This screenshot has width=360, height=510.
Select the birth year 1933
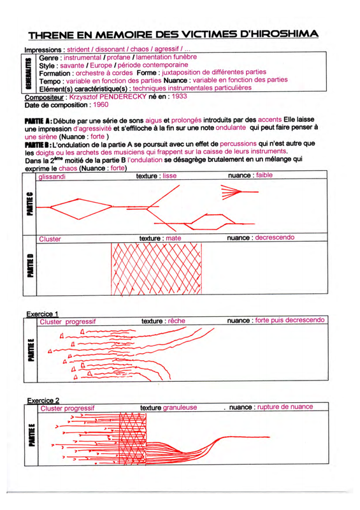(180, 96)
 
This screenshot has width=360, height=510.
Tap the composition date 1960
(101, 105)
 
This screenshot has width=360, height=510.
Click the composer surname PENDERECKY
(123, 97)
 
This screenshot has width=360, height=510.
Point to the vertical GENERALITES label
(29, 73)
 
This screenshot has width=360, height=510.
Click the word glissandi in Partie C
(52, 177)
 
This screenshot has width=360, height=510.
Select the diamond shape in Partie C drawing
(81, 209)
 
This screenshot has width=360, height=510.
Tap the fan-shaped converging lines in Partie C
(231, 192)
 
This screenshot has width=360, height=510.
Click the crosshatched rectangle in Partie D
(156, 268)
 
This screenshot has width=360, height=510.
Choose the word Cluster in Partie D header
(50, 239)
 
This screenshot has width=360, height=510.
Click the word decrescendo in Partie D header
(275, 237)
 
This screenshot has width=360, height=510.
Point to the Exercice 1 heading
(42, 314)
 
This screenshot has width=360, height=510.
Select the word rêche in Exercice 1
(176, 321)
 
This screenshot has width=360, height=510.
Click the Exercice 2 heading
(43, 400)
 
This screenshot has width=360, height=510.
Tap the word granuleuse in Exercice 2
(180, 407)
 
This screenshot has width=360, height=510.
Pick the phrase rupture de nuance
(285, 407)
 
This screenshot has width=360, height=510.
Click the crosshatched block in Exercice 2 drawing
(133, 438)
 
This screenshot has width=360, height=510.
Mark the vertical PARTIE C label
(30, 203)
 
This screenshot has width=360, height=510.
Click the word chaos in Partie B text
(68, 168)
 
